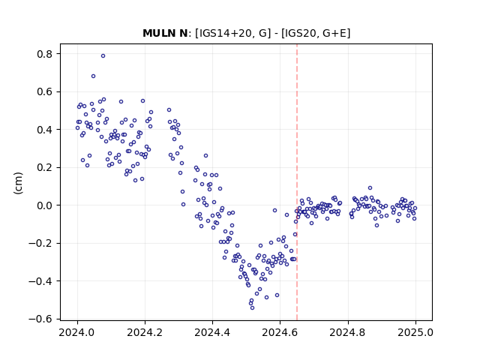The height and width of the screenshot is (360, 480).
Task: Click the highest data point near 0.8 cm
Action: pos(103,56)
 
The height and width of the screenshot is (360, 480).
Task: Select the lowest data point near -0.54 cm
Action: pos(252,307)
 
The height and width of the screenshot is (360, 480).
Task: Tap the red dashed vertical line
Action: pos(297,182)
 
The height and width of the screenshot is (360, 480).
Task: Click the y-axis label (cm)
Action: pos(18,183)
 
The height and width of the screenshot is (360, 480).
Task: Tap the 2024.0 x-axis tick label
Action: pos(76,332)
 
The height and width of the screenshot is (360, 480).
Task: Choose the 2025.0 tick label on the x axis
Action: pos(415,332)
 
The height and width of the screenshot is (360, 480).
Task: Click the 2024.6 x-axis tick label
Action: pos(280,332)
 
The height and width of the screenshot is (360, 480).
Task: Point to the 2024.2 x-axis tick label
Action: pos(145,332)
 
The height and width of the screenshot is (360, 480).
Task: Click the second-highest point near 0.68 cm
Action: pos(93,76)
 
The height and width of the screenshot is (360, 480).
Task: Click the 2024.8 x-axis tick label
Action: pos(347,332)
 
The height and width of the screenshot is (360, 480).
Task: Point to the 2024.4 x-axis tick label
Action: pos(212,332)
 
